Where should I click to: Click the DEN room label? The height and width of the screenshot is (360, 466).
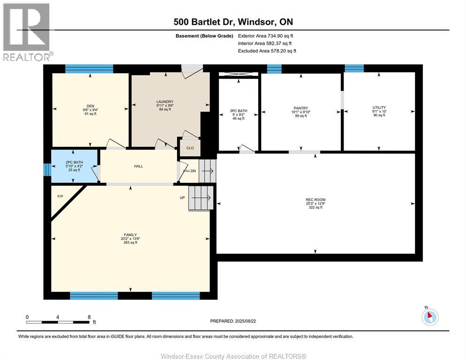tap(90, 106)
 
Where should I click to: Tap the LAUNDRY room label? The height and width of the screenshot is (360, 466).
tap(165, 102)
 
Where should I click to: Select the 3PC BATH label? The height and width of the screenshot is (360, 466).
tap(238, 111)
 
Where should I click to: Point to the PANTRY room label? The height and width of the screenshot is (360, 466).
tap(301, 108)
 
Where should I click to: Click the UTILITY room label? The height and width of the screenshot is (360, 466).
tap(379, 108)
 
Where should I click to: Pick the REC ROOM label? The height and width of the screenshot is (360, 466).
tap(316, 200)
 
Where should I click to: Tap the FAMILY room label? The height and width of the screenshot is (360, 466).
tap(130, 235)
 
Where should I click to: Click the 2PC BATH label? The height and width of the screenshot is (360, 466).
tap(74, 162)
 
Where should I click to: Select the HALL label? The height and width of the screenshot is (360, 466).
tap(138, 166)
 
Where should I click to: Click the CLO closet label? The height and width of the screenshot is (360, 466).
tap(190, 148)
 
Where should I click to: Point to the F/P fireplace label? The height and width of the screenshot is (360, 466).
tap(60, 196)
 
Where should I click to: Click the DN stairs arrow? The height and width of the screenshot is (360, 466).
tap(208, 171)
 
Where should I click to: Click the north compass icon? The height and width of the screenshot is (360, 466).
tap(430, 317)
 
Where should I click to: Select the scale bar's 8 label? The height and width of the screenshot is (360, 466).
tap(89, 317)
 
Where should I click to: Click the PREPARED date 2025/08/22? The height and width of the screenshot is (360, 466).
tap(245, 321)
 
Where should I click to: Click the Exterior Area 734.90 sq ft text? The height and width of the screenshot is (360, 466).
tap(265, 36)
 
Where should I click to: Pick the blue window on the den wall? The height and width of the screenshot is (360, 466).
tap(89, 68)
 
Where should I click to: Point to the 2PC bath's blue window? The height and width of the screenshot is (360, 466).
tap(47, 169)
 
